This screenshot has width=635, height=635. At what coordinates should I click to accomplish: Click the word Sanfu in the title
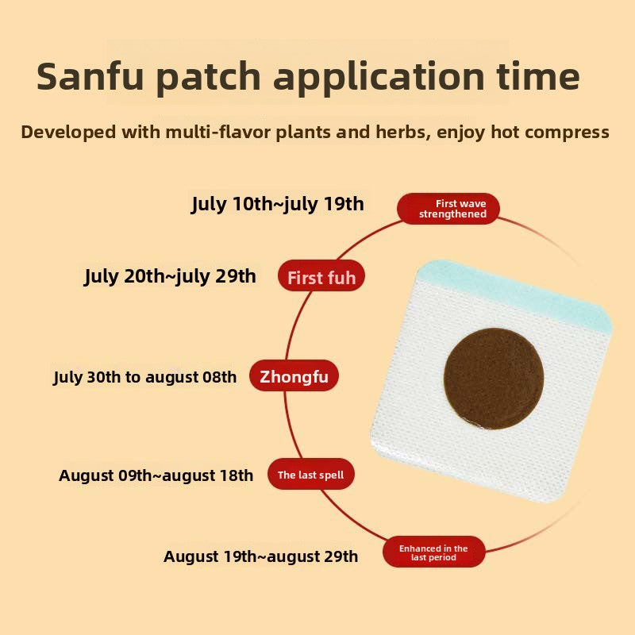90,76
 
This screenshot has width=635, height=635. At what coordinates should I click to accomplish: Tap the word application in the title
379,79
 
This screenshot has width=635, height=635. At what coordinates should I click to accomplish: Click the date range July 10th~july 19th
277,204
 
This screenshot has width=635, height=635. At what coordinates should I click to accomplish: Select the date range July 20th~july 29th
170,276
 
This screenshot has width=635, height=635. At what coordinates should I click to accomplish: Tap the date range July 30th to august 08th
145,378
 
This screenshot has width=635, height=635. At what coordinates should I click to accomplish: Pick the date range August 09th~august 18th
156,475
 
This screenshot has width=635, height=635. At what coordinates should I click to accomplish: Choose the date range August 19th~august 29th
261,556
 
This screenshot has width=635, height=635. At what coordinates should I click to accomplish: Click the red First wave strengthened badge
448,209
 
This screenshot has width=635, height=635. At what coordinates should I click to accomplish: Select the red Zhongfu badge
294,376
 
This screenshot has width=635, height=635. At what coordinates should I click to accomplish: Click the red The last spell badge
311,475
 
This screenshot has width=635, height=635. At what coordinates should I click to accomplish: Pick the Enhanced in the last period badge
433,552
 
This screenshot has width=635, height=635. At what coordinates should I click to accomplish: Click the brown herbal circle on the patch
494,379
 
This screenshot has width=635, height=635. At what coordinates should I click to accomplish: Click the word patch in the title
208,79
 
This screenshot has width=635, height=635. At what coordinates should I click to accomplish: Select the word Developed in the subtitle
68,133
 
